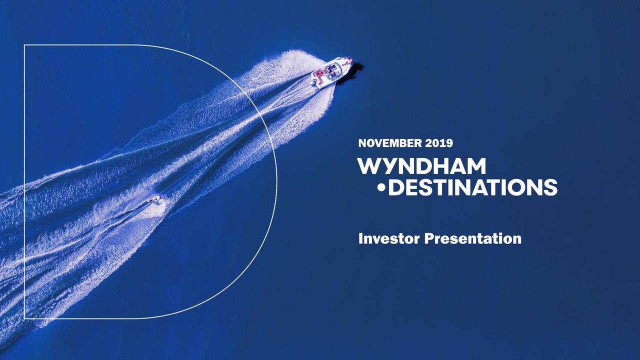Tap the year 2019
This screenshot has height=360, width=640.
pos(439,143)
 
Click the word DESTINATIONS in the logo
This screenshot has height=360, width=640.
pos(472,187)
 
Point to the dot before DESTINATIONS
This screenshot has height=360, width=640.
pos(382,188)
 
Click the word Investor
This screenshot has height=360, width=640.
pos(389,238)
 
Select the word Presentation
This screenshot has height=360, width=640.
pos(472,238)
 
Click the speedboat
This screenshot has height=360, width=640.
pos(331,72)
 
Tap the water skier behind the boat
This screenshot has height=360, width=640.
pos(154,200)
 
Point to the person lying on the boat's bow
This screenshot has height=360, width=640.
pos(346,61)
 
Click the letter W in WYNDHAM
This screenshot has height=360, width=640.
pos(369,166)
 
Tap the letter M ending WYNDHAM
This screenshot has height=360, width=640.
pos(474,166)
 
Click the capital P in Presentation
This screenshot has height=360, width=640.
pos(428,238)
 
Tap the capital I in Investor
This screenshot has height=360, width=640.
pos(361,238)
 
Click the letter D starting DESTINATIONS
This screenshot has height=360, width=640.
pos(396,187)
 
